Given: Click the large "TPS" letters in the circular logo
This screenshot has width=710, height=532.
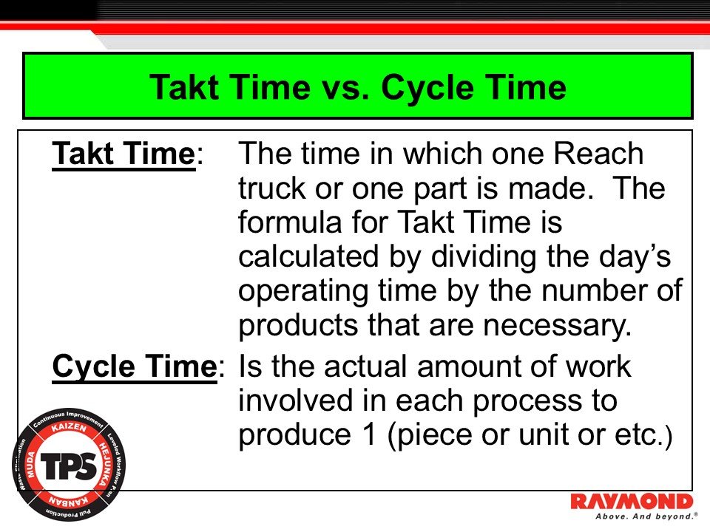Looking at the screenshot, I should tap(69, 466).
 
